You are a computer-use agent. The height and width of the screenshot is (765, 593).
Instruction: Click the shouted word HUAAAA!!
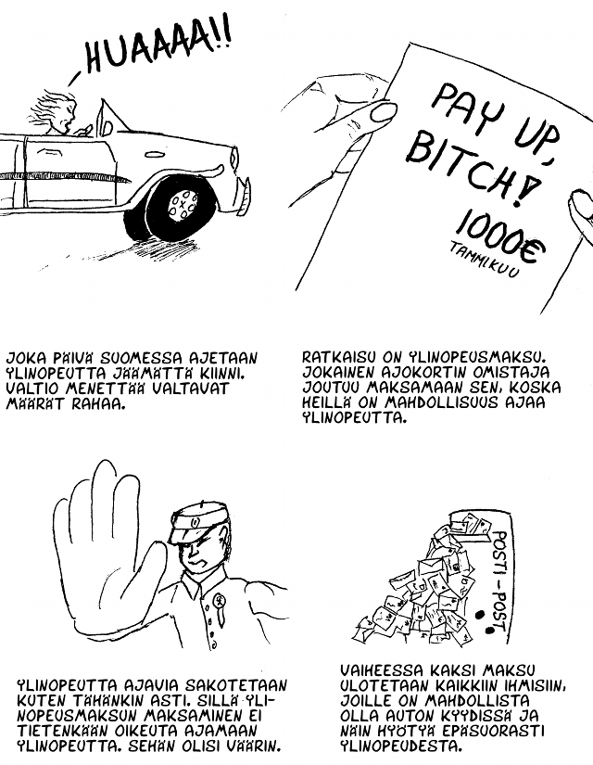click(157, 45)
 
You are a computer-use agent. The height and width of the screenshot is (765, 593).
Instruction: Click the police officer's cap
click(196, 523)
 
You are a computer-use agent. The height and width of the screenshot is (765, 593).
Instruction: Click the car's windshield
click(108, 117)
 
